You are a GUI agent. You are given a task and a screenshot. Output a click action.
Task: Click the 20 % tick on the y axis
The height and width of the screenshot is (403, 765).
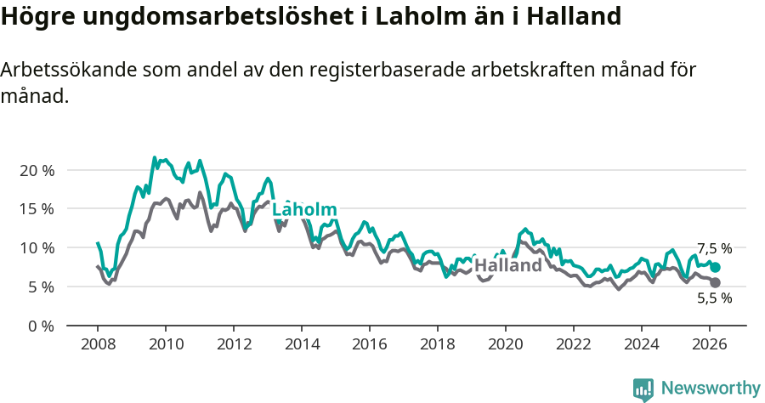point(37,170)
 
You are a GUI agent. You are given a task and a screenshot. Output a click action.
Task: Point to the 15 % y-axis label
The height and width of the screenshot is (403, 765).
point(37,209)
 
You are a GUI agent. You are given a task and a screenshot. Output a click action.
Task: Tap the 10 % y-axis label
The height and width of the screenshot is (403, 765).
point(37,248)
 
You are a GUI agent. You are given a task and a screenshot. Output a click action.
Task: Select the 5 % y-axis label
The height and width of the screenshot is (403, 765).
point(41,287)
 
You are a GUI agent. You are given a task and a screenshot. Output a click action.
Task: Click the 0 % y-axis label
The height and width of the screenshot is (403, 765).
point(41,326)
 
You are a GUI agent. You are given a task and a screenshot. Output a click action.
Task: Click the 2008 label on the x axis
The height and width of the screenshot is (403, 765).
point(98,344)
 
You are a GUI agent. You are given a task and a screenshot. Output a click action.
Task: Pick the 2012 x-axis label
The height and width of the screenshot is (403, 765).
point(234,344)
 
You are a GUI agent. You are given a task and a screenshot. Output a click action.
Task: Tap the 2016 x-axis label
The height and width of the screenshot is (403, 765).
point(370,344)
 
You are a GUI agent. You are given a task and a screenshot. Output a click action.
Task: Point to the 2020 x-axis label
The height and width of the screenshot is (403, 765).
point(506,344)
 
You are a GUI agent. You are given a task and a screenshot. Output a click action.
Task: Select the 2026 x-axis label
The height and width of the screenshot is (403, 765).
point(710,344)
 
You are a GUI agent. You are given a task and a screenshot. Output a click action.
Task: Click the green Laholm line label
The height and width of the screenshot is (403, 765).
point(304,210)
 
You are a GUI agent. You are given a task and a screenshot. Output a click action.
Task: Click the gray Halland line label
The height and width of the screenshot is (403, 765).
point(507,265)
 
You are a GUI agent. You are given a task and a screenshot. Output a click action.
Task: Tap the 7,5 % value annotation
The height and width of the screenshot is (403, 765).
point(714,249)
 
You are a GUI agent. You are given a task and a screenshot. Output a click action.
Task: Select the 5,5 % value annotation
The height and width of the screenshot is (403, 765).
point(714,298)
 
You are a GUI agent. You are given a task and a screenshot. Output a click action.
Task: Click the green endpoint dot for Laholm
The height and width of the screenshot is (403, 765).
point(715,267)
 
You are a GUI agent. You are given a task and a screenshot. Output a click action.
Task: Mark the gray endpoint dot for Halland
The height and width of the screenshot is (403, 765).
point(715,282)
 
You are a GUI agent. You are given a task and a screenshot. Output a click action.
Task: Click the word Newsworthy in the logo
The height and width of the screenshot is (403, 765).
point(710,389)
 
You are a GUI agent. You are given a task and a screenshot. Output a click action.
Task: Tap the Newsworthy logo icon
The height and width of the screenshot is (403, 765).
point(643,389)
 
